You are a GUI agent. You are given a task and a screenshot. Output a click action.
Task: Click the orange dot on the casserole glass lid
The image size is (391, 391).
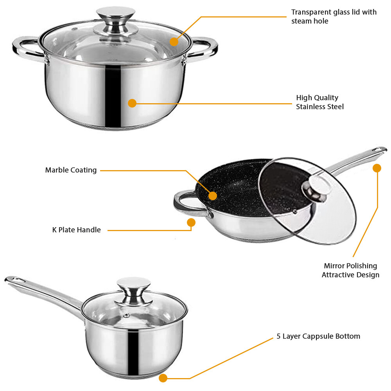174,41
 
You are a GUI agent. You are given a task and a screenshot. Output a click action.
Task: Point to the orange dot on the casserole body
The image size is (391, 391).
132,103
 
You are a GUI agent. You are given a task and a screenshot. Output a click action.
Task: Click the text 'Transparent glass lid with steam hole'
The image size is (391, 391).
334,16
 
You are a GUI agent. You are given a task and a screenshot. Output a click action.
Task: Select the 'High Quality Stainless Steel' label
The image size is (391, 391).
319,102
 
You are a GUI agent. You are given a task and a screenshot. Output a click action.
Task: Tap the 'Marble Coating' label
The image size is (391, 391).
71,170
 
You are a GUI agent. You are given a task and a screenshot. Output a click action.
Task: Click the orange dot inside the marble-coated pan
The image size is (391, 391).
213,195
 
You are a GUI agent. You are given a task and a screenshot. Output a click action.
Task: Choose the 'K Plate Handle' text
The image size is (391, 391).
76,230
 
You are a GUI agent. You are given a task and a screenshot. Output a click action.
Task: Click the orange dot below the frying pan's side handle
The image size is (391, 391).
191,222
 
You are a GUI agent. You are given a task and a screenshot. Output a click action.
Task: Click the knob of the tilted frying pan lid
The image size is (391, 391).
314,188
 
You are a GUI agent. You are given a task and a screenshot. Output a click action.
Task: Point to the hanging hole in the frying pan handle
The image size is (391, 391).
378,150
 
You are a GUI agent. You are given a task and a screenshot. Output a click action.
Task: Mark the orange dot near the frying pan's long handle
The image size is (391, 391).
377,168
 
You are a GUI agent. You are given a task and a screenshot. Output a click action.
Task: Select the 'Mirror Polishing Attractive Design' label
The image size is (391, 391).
350,270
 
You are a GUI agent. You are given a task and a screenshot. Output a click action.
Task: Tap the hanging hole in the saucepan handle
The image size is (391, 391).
14,280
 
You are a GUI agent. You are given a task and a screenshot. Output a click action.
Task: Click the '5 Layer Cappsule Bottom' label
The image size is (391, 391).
318,336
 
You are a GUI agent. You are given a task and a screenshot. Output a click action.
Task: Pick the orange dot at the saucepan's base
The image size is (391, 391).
163,378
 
